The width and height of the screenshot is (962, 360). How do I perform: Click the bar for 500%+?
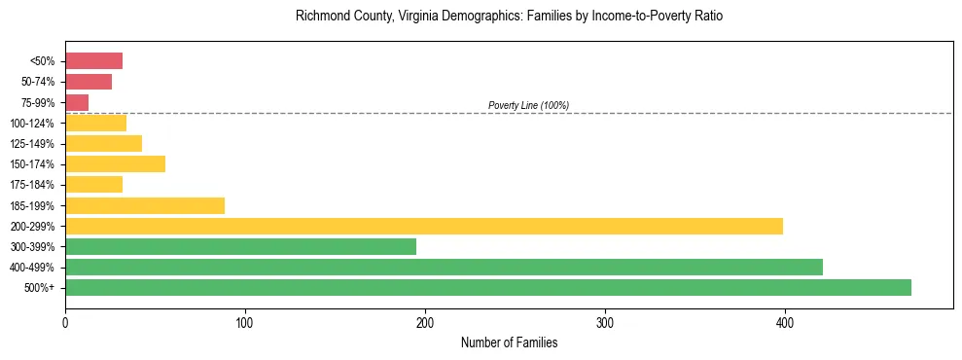click(x=488, y=287)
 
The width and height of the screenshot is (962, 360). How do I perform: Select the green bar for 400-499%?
click(x=444, y=267)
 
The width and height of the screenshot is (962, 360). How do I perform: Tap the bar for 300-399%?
click(x=240, y=246)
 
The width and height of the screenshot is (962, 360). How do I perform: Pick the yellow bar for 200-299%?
click(x=424, y=226)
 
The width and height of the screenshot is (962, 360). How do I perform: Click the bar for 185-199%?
click(x=145, y=205)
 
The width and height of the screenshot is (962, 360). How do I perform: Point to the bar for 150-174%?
click(x=115, y=163)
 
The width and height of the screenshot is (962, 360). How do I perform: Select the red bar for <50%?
click(x=93, y=60)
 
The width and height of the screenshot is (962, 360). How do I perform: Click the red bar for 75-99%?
click(x=77, y=102)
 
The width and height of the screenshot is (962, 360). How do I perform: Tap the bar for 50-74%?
click(x=89, y=82)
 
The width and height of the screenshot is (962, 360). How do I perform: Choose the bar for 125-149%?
click(x=103, y=143)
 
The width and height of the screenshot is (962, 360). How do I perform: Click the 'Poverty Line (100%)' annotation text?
click(x=528, y=105)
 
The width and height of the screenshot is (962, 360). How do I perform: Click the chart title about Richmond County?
click(x=509, y=17)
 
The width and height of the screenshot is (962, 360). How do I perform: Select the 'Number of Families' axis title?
click(x=509, y=342)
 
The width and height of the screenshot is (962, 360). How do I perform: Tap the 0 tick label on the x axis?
click(x=65, y=322)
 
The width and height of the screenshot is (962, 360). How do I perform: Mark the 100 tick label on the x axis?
click(x=245, y=322)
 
